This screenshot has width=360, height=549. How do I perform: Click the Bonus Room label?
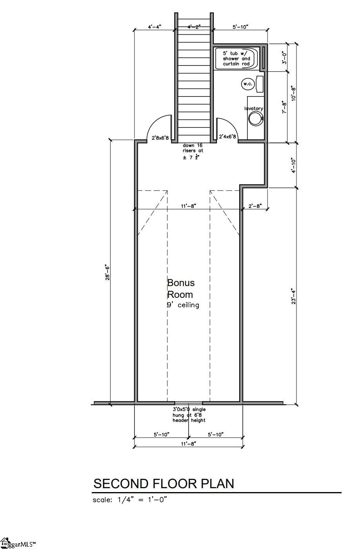click(x=181, y=288)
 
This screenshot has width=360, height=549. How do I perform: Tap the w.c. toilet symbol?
click(x=247, y=84)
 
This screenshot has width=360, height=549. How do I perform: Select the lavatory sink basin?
click(x=256, y=119)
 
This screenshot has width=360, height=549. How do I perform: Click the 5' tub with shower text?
click(x=236, y=58)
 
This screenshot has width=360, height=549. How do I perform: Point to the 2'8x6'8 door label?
click(x=160, y=138)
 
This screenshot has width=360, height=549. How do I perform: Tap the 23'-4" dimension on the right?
click(x=293, y=297)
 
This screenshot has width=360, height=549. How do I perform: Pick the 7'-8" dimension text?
click(x=284, y=107)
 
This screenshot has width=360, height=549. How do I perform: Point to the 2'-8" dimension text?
click(x=255, y=206)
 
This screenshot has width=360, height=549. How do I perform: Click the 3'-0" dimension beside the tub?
click(x=284, y=58)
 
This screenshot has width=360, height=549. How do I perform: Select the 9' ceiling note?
click(x=183, y=305)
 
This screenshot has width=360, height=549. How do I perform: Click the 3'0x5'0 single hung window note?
click(x=189, y=415)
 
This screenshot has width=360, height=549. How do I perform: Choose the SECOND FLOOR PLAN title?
click(x=164, y=483)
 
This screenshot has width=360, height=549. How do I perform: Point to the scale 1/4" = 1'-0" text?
click(x=130, y=500)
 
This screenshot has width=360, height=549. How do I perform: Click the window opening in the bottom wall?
click(x=189, y=403)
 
